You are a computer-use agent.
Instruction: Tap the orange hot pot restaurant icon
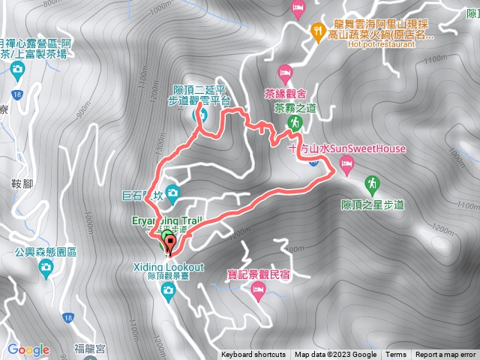pyautogui.click(x=316, y=31)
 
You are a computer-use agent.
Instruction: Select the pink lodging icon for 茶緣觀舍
pyautogui.click(x=285, y=73)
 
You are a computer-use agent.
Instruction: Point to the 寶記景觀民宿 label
pyautogui.click(x=259, y=274)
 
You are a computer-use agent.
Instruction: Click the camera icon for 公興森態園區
pyautogui.click(x=46, y=266)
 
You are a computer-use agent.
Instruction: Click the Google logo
pyautogui.click(x=28, y=349)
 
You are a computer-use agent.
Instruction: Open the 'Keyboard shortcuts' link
pyautogui.click(x=253, y=355)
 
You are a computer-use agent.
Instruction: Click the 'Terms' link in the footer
pyautogui.click(x=396, y=355)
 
